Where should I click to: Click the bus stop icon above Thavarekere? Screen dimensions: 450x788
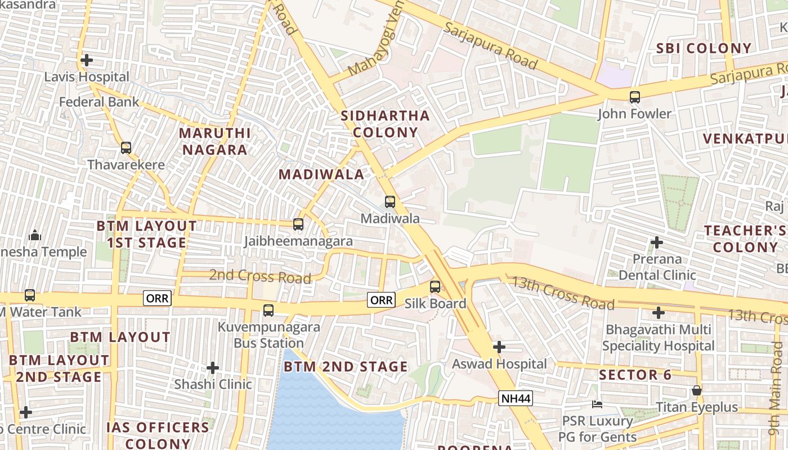coord(126,148)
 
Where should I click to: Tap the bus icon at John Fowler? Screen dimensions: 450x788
coord(635,97)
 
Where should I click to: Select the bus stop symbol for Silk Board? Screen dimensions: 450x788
coord(435,286)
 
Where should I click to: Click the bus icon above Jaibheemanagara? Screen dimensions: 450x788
coord(298,224)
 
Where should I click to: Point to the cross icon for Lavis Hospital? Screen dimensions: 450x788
coord(87,60)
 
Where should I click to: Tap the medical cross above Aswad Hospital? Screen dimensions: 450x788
coord(499,347)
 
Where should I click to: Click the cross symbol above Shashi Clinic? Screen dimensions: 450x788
coord(213,368)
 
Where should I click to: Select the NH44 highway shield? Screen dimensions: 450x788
coord(515,399)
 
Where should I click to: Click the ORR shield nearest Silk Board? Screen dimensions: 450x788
coord(381,300)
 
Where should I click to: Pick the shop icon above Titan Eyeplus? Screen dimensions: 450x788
coord(697,390)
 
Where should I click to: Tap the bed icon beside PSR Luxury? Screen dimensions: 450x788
coord(597,404)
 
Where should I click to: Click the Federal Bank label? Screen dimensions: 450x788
coord(99,102)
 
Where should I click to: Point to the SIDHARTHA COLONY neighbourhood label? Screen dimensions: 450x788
coord(386,124)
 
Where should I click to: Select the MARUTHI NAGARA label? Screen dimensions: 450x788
coord(214,141)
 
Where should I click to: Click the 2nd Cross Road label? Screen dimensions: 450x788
coord(260,276)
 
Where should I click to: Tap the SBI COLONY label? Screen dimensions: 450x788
coord(704,48)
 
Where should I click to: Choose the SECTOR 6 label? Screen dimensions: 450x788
coord(635,375)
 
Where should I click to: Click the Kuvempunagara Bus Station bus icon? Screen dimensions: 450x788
coord(268,310)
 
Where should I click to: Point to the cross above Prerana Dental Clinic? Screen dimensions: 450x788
coord(657,242)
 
